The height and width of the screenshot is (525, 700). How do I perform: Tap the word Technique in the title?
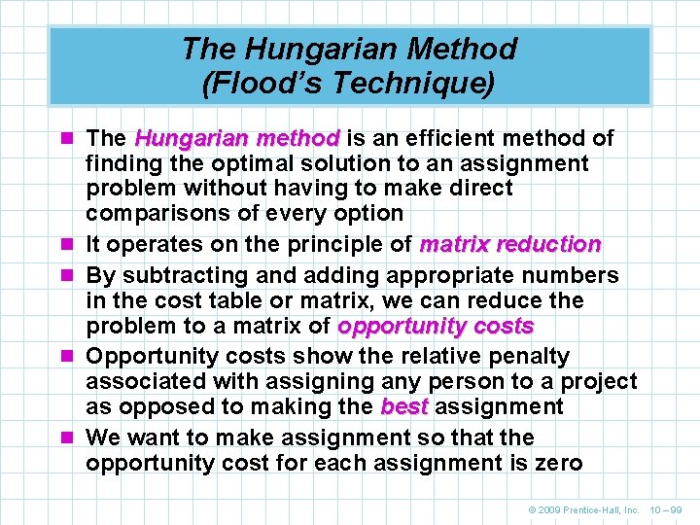[x=419, y=83]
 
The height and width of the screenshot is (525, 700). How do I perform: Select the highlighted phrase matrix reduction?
[x=509, y=244]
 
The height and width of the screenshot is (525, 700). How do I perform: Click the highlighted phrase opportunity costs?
[x=435, y=326]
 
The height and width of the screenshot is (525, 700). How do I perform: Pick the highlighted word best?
[x=404, y=406]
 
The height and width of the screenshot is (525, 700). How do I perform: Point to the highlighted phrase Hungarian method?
[x=237, y=138]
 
